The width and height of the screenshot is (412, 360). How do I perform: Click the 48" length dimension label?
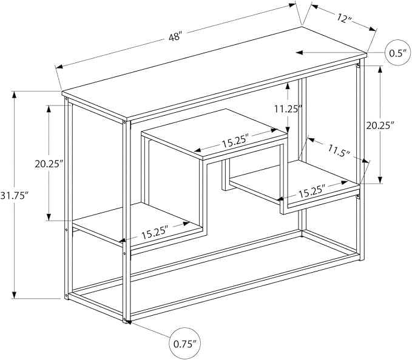(x=175, y=36)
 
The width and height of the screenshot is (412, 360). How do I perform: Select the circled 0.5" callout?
(x=398, y=53)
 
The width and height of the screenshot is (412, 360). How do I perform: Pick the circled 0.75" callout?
(x=185, y=343)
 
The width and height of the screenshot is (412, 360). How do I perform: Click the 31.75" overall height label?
(x=14, y=196)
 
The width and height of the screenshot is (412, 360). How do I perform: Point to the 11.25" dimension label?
(x=288, y=108)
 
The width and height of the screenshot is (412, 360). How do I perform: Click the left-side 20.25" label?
(x=49, y=164)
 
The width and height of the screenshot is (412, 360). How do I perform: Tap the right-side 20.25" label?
(x=380, y=125)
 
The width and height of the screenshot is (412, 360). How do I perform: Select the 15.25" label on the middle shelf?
(x=235, y=141)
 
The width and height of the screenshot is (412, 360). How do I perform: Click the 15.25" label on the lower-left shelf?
(x=155, y=232)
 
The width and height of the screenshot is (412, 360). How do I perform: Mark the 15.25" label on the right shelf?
(x=312, y=191)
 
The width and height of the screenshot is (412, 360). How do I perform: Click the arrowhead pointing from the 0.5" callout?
(x=300, y=53)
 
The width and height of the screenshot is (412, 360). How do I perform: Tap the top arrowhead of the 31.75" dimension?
(x=14, y=95)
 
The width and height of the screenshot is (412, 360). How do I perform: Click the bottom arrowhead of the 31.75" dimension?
(x=14, y=295)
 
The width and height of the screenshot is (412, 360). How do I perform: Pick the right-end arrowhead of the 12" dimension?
(x=373, y=29)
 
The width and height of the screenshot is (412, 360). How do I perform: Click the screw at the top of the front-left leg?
(x=124, y=122)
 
